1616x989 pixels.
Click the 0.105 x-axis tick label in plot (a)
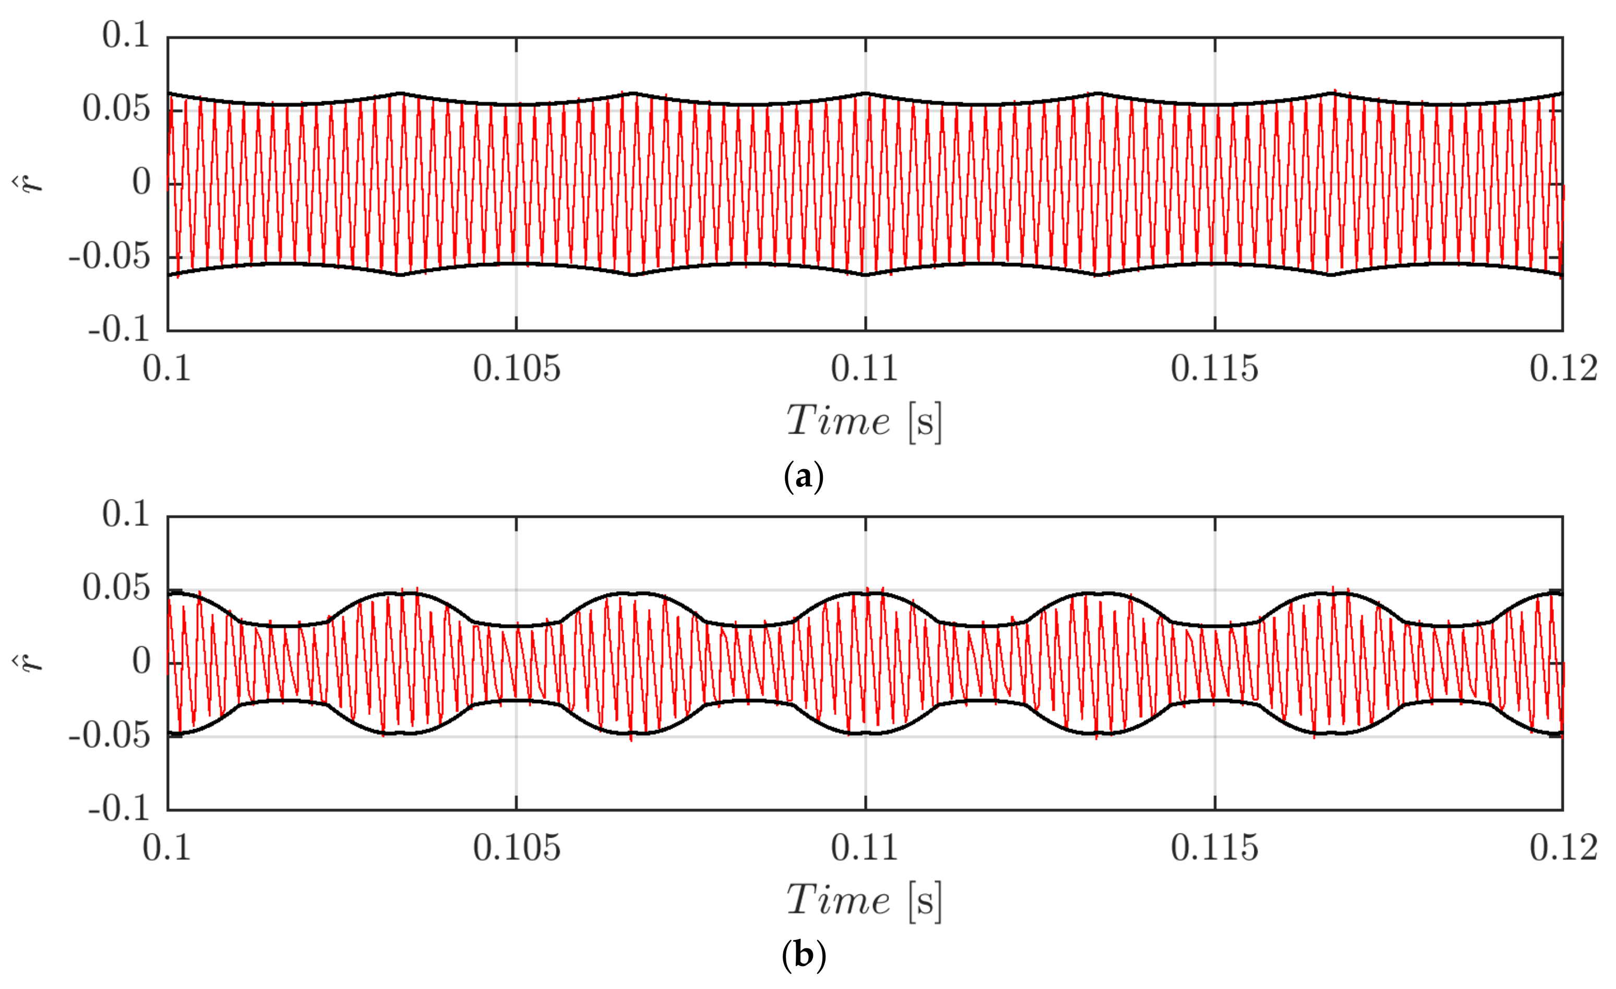click(x=517, y=368)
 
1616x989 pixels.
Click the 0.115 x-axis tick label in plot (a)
click(x=1215, y=368)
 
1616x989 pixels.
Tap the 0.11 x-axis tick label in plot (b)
click(x=865, y=848)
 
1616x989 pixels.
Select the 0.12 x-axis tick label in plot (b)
click(x=1563, y=848)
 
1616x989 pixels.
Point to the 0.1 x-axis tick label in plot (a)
click(x=167, y=368)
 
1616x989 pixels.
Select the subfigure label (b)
click(x=804, y=956)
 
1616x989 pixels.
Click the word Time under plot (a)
click(x=837, y=421)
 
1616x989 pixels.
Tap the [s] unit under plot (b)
click(x=925, y=900)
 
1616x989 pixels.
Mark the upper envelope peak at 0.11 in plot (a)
click(x=866, y=93)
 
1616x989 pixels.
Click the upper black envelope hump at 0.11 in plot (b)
click(x=866, y=593)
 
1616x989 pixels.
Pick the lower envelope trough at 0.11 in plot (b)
click(x=866, y=733)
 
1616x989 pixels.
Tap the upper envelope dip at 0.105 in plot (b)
click(x=517, y=626)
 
